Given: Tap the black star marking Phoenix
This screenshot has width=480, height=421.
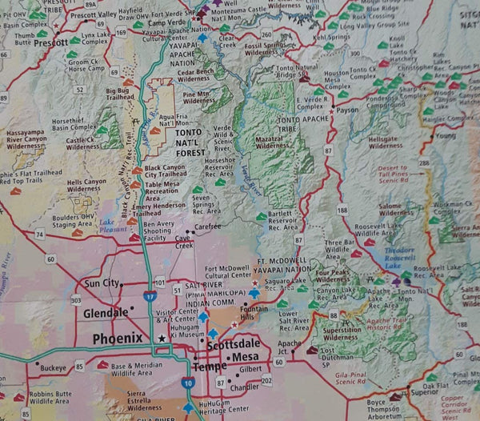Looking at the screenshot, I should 162,339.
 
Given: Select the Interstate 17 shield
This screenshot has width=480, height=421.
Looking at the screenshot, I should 150,297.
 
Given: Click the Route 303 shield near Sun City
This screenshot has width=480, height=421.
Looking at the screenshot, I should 76,299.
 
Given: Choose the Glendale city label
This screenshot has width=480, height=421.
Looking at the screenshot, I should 106,312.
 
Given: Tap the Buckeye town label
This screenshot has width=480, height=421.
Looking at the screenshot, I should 53,368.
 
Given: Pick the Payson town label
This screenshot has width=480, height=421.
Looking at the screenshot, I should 346,110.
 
